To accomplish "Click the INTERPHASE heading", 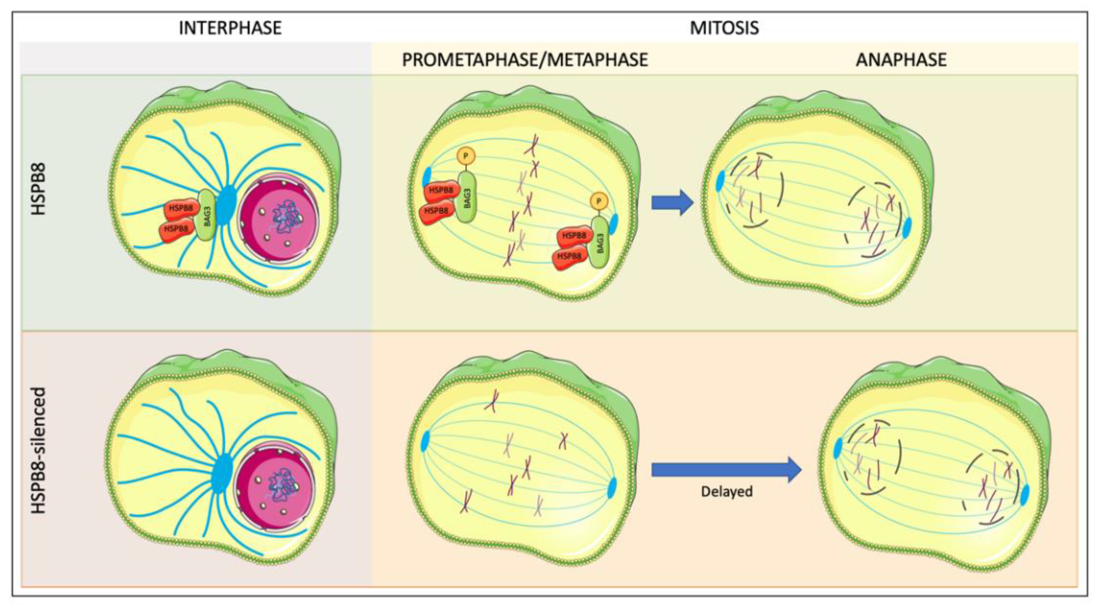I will tap(230, 28).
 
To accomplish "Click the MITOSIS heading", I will tap(724, 28).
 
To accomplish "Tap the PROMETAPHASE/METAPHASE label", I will tap(525, 60).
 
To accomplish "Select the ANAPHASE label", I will tap(901, 60).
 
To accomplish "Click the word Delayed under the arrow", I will tap(727, 492).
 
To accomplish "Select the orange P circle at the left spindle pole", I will tap(466, 156).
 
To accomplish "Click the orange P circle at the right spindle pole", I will tap(599, 201).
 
